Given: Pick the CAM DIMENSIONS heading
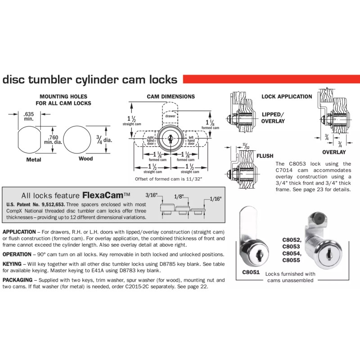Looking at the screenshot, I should point(171,97).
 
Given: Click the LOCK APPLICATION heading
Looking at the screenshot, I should point(287,97).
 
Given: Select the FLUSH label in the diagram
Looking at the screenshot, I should point(265,156).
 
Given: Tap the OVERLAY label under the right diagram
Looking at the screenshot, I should point(333,153).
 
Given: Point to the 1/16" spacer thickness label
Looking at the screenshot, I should point(215,198).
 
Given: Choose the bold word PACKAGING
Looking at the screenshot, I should point(20,280).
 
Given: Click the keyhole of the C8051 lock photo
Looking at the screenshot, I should point(256,255).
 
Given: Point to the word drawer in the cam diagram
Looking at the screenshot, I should point(170,116).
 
